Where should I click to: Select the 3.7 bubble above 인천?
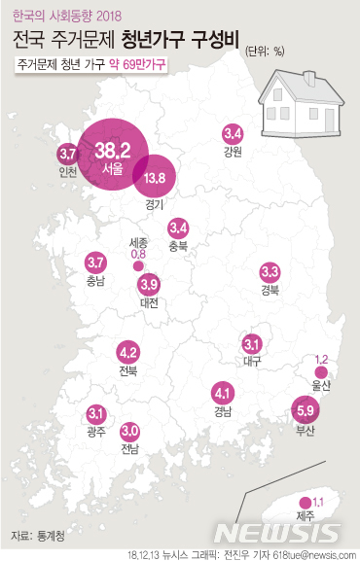coord(68,154)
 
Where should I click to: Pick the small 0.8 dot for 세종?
coord(138,264)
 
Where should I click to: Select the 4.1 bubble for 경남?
coord(223,394)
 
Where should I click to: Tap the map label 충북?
coord(178,245)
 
